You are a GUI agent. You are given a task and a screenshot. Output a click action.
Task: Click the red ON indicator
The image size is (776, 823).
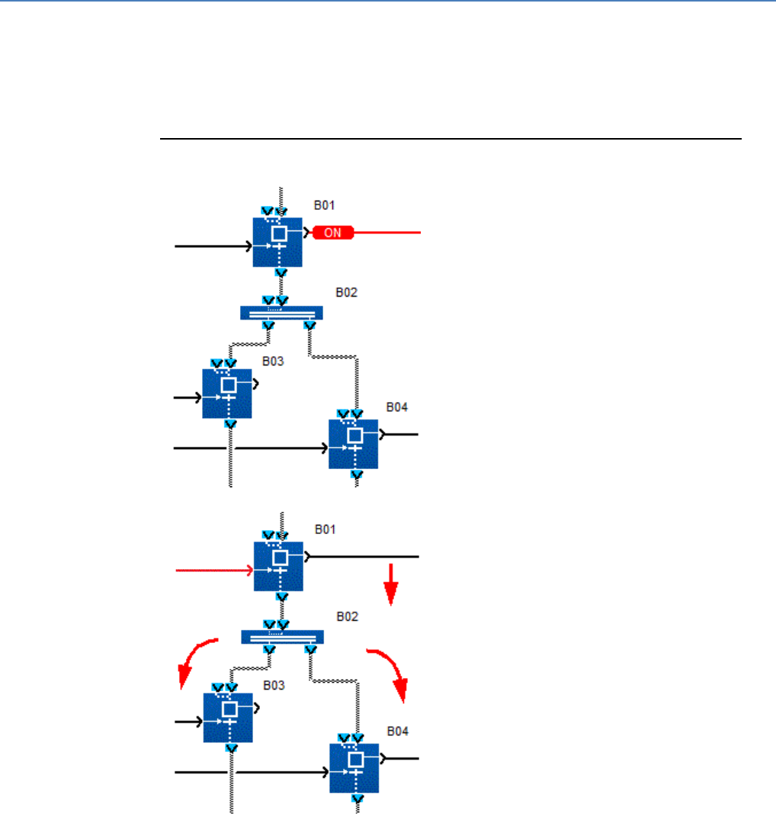click(333, 233)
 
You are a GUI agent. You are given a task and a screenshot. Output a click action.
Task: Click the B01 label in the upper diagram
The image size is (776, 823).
click(325, 205)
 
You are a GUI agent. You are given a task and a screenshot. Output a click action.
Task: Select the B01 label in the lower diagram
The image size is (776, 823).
click(325, 529)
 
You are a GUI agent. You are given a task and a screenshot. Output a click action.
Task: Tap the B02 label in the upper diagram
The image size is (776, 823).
click(347, 292)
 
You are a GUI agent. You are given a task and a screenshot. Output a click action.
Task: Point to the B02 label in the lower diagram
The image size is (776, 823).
click(348, 616)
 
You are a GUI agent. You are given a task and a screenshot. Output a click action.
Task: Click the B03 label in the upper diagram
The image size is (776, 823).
click(273, 361)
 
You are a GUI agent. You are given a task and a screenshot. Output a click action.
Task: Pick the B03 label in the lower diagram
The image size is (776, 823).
click(274, 685)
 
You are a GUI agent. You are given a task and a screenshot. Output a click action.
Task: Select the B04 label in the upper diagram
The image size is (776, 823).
click(396, 407)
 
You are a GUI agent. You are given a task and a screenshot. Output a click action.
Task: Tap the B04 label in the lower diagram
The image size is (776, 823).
click(397, 731)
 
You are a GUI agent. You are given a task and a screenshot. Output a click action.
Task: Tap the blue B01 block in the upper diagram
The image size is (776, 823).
click(278, 242)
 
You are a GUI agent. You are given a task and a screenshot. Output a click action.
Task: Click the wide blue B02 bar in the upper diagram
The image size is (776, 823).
click(281, 313)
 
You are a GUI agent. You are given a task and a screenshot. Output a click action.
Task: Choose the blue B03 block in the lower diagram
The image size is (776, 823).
click(228, 717)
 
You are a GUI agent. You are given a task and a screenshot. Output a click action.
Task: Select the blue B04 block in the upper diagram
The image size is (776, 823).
click(354, 443)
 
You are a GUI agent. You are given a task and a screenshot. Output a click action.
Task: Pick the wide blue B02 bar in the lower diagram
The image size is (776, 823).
click(282, 637)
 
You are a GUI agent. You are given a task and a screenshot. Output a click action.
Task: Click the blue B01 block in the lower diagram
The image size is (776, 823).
click(278, 566)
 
